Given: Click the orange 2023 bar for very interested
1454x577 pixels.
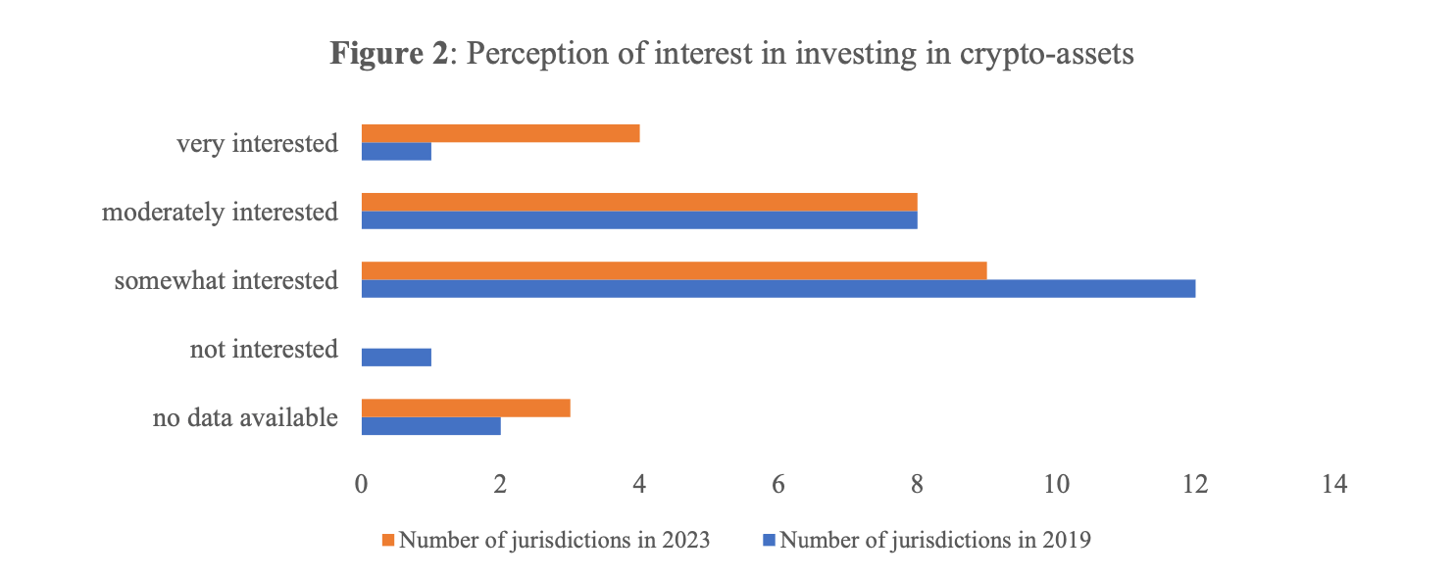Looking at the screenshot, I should click(500, 133).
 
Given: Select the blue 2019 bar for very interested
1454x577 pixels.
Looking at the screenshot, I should click(396, 152).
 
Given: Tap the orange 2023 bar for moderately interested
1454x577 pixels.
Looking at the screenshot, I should click(639, 202).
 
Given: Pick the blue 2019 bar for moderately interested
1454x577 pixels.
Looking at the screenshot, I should click(639, 220).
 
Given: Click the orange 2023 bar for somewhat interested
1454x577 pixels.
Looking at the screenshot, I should click(674, 270).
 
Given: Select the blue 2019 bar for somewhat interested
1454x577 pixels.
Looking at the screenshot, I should click(778, 289).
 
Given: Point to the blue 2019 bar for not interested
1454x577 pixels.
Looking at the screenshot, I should click(396, 358).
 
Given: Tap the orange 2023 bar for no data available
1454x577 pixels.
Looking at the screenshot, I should click(466, 408).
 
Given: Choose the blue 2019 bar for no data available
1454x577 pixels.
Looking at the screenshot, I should click(430, 426).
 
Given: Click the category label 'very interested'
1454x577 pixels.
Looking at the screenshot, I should click(257, 144).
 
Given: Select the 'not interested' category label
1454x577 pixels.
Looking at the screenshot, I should click(264, 350).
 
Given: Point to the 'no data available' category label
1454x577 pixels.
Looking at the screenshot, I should click(245, 418).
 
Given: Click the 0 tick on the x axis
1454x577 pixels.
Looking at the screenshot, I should click(362, 484).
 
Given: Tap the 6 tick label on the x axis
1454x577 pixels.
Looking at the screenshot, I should click(778, 484).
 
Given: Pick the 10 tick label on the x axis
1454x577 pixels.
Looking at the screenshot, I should click(1056, 484).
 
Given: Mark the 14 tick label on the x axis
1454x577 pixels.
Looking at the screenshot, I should click(1333, 484).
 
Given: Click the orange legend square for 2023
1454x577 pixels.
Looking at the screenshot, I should click(389, 540).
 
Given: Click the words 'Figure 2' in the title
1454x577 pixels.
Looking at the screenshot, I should click(388, 54).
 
